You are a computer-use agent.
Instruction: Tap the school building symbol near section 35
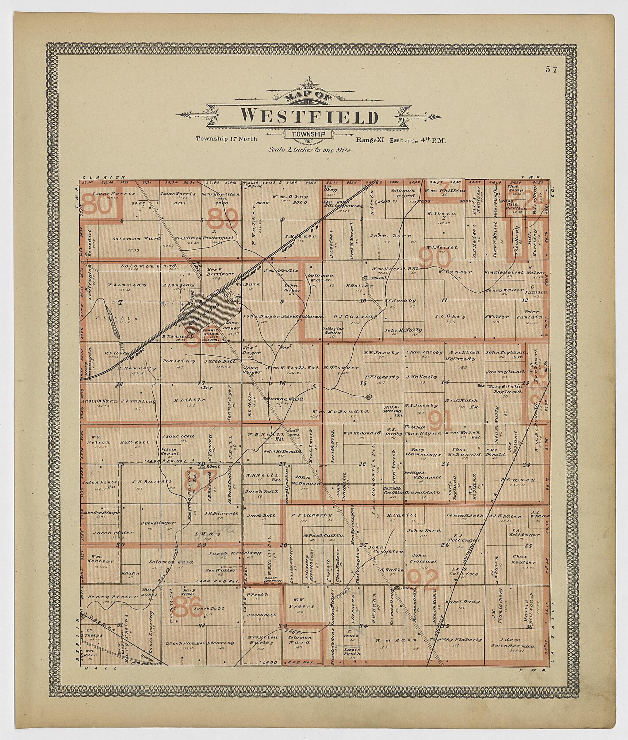pos(396,588)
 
